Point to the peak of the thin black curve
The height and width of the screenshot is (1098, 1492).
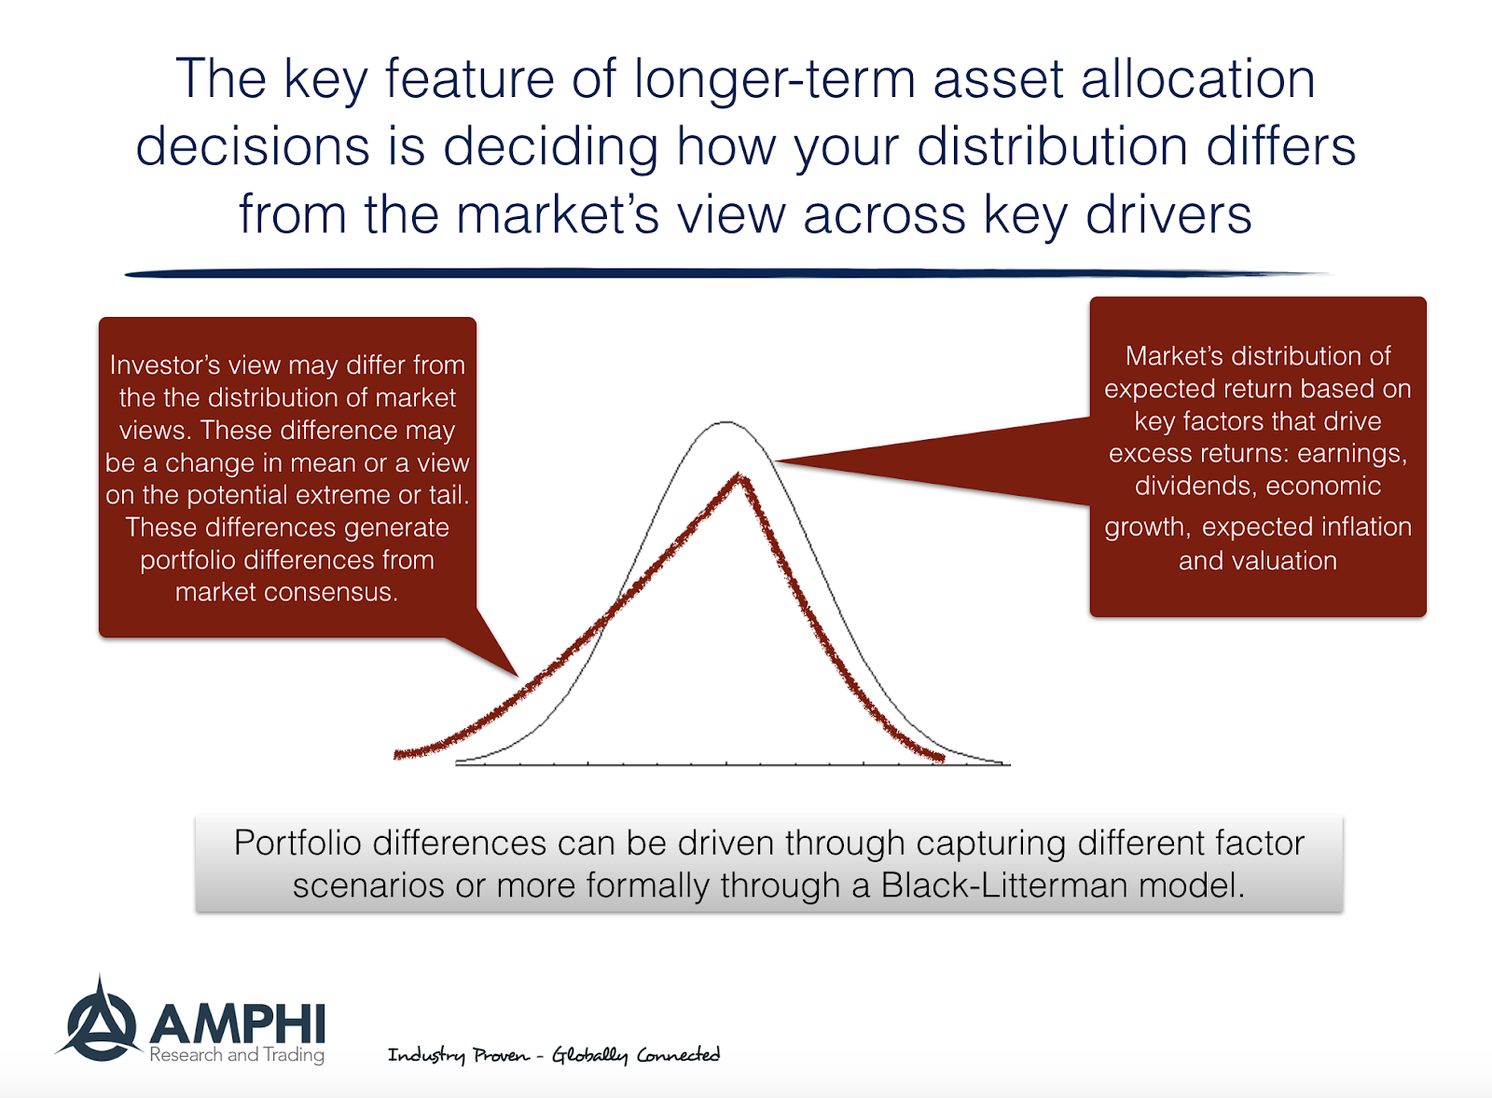coord(725,422)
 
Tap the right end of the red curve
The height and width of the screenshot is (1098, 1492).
coord(941,759)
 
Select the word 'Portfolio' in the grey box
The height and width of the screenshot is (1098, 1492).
coord(297,843)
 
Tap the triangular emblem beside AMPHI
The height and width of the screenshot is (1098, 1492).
coord(98,1023)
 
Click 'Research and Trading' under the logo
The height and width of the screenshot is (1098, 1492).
coord(237,1055)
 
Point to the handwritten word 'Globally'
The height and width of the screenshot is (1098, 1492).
coord(589,1055)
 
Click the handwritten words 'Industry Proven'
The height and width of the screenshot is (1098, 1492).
coord(458,1055)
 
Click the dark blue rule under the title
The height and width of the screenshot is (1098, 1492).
coord(727,273)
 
